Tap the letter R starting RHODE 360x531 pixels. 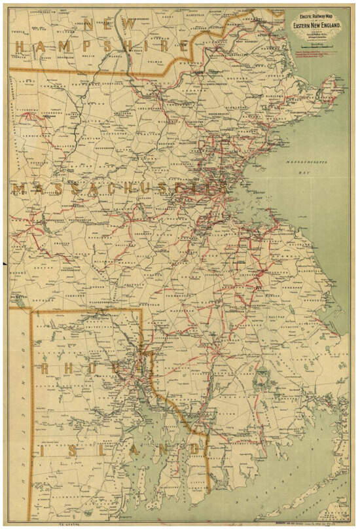pyautogui.click(x=46, y=369)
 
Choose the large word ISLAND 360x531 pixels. pyautogui.click(x=118, y=449)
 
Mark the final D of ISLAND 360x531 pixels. pyautogui.click(x=194, y=448)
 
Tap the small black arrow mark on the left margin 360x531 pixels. pyautogui.click(x=5, y=263)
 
